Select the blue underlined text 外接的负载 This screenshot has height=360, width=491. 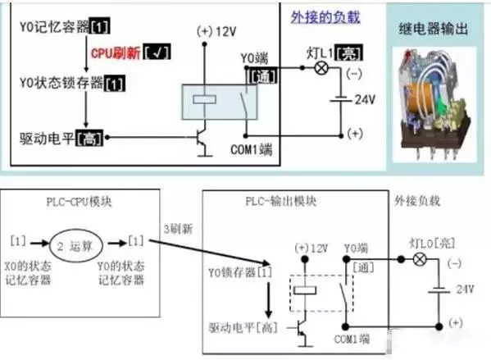coord(325,16)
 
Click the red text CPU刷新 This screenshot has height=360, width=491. coord(115,52)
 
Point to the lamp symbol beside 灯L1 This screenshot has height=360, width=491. coord(321,70)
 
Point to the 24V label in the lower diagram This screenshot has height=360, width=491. coord(466,289)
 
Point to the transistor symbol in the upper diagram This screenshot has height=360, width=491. coord(201,141)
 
